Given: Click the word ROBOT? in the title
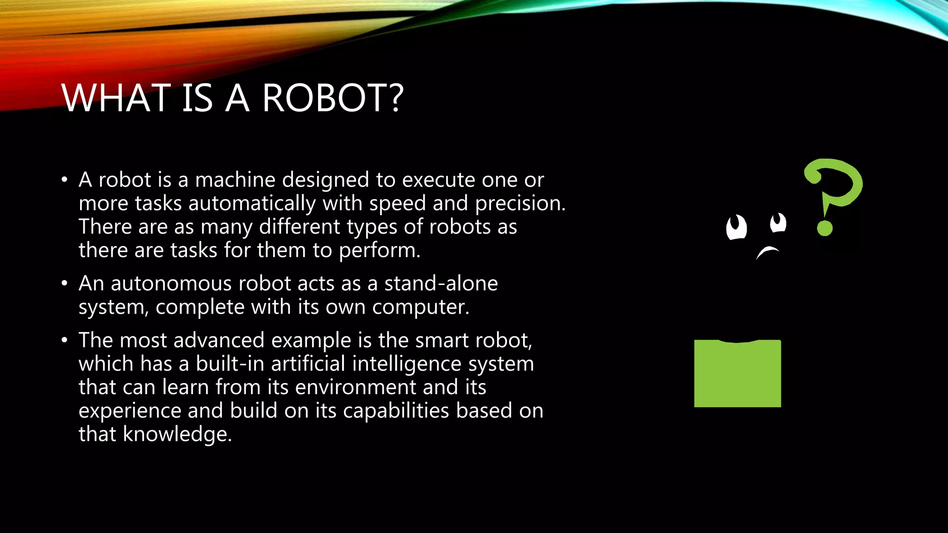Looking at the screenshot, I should tap(332, 98).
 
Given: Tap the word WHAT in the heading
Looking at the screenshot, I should tap(116, 98).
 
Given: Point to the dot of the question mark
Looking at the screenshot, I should tap(825, 228).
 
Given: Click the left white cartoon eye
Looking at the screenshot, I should tap(736, 227).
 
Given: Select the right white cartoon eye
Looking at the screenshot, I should tap(778, 223).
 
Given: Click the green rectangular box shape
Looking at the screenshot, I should tap(737, 374).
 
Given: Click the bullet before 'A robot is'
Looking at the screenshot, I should tap(65, 180).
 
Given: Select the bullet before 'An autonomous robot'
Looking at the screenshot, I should tap(65, 283).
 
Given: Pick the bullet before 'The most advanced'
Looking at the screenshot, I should tap(65, 340).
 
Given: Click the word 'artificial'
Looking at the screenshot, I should tap(308, 364).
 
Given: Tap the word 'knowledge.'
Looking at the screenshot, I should tap(177, 434).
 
